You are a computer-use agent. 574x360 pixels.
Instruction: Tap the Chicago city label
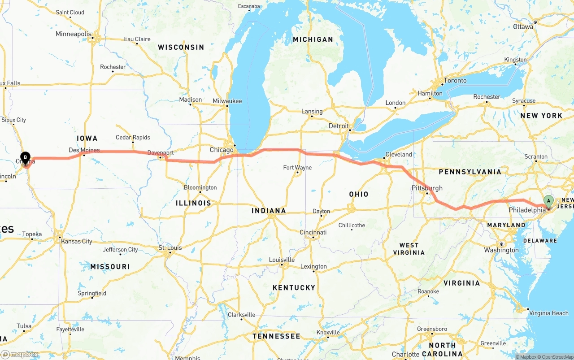pyautogui.click(x=222, y=150)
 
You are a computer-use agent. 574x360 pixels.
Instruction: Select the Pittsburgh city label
pyautogui.click(x=427, y=188)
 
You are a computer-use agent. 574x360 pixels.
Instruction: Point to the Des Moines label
pyautogui.click(x=84, y=150)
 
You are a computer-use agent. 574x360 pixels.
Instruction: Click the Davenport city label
pyautogui.click(x=161, y=153)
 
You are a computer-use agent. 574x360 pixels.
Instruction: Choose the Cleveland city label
pyautogui.click(x=399, y=154)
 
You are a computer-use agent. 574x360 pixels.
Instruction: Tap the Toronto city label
pyautogui.click(x=455, y=81)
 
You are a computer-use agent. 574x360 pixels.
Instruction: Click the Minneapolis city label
pyautogui.click(x=74, y=34)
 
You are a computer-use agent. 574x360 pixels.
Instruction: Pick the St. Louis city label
pyautogui.click(x=170, y=247)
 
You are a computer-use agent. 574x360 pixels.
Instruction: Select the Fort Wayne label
pyautogui.click(x=297, y=168)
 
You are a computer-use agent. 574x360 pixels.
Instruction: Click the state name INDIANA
pyautogui.click(x=269, y=211)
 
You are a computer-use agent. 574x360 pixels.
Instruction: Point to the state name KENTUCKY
pyautogui.click(x=294, y=287)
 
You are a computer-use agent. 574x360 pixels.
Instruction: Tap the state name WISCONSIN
pyautogui.click(x=181, y=47)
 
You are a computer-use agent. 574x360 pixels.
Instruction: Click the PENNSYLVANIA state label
pyautogui.click(x=470, y=172)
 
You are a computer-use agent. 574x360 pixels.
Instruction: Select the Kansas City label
pyautogui.click(x=77, y=241)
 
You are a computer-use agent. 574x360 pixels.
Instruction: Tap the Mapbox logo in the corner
pyautogui.click(x=19, y=354)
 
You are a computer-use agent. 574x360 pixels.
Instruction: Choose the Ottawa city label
pyautogui.click(x=523, y=26)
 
